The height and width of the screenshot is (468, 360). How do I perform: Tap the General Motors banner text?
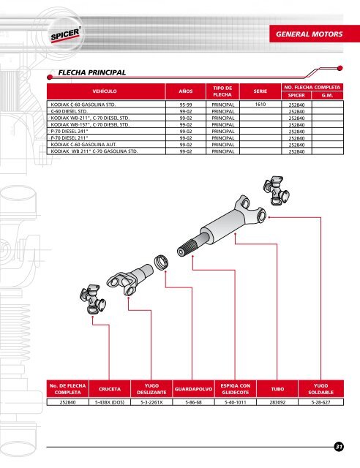[310, 34]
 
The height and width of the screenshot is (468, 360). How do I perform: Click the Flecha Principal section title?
[91, 72]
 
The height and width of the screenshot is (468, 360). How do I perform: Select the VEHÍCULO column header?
[105, 91]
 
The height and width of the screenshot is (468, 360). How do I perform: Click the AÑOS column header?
[186, 91]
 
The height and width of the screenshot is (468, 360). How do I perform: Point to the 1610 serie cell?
[260, 104]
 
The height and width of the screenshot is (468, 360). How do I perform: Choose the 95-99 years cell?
[186, 105]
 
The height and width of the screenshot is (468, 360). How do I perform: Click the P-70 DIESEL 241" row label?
[70, 131]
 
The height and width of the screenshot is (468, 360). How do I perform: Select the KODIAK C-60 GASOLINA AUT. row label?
[83, 145]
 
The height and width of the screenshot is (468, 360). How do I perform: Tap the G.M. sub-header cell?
[327, 96]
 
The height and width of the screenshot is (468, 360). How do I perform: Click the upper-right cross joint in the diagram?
[277, 190]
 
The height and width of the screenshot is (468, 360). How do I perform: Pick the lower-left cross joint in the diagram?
[93, 299]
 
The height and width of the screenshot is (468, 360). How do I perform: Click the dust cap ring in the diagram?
[161, 263]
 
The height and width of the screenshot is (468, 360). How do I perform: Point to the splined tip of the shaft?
[184, 249]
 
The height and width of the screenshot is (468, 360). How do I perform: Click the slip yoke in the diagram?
[130, 279]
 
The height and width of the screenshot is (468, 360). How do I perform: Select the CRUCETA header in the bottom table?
[110, 389]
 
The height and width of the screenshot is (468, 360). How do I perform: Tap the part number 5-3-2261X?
[151, 402]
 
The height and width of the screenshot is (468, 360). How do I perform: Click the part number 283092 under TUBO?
[277, 402]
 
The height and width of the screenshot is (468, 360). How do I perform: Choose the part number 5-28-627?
[321, 402]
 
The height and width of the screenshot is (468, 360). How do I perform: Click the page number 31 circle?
[339, 447]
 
